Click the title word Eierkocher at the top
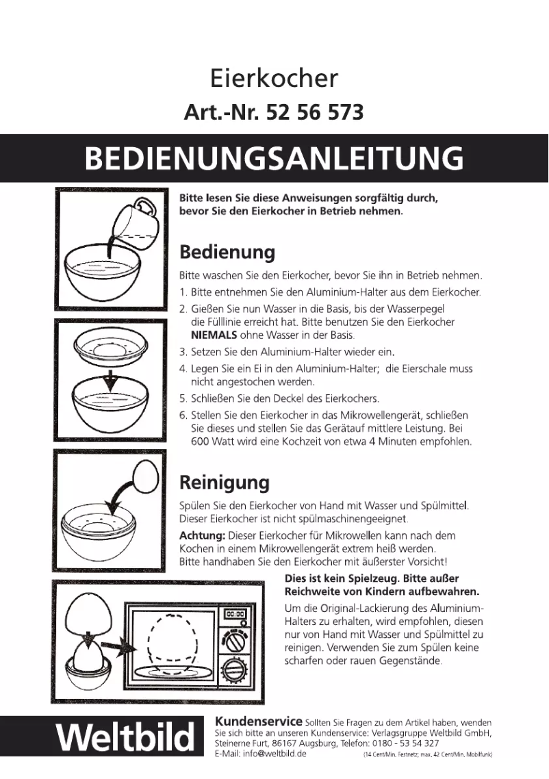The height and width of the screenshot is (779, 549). tap(274, 79)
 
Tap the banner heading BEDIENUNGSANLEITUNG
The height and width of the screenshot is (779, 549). tap(274, 158)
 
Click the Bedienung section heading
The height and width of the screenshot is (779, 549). tap(227, 252)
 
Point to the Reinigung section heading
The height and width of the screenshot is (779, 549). tap(224, 482)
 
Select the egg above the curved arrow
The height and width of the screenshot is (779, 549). tap(145, 474)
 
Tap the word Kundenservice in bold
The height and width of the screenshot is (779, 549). tap(259, 721)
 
